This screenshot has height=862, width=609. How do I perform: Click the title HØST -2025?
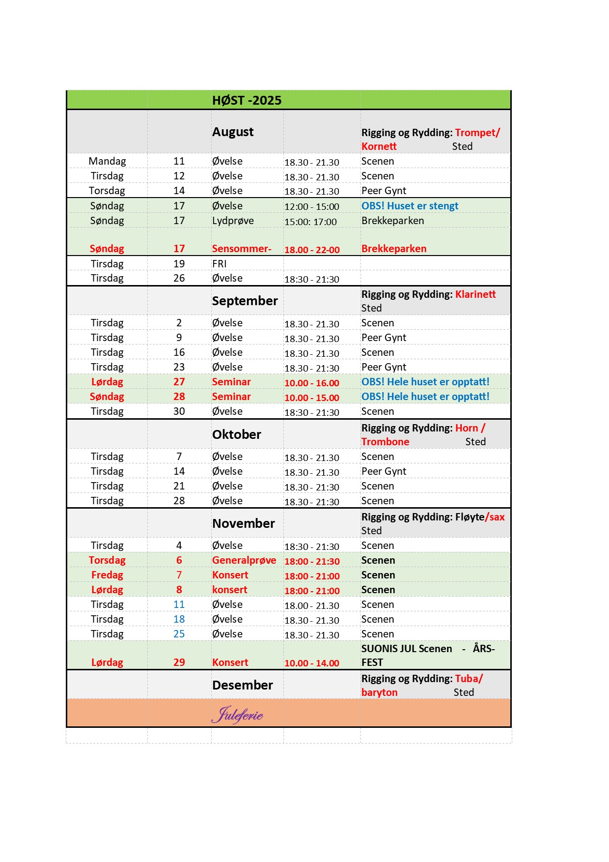[247, 100]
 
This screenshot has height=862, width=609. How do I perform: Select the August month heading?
[233, 132]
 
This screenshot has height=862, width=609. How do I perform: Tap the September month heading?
[245, 301]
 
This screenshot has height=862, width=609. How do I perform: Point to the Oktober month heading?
[236, 434]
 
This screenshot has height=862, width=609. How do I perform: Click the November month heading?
[243, 523]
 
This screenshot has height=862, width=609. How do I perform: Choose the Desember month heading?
[242, 685]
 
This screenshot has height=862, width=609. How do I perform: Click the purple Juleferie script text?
[238, 715]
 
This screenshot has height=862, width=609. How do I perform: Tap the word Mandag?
[107, 161]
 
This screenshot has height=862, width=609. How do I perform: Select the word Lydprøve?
[233, 221]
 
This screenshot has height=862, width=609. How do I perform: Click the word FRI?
[219, 264]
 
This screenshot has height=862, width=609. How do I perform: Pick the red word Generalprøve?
[244, 560]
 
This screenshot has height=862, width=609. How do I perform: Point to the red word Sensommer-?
[242, 249]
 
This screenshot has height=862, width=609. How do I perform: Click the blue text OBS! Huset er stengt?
[410, 206]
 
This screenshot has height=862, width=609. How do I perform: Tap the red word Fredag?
[107, 575]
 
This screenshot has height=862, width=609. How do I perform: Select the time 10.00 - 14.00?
[311, 663]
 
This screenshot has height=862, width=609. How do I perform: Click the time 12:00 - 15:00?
[311, 207]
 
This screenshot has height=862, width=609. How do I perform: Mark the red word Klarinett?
[475, 294]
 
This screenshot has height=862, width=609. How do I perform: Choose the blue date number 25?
[179, 634]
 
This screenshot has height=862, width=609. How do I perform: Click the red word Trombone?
[385, 442]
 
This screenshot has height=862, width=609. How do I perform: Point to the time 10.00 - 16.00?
[311, 383]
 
